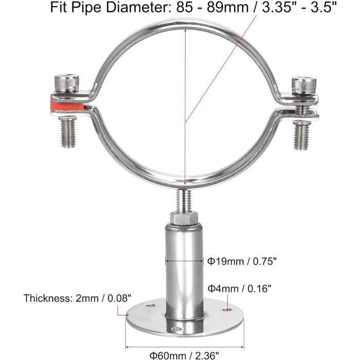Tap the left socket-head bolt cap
(67, 82)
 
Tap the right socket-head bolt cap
(304, 85)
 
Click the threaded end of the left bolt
(68, 132)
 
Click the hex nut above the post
(184, 218)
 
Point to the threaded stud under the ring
(184, 200)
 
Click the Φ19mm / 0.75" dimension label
(242, 261)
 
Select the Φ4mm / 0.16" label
(240, 289)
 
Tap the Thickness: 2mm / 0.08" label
(77, 298)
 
